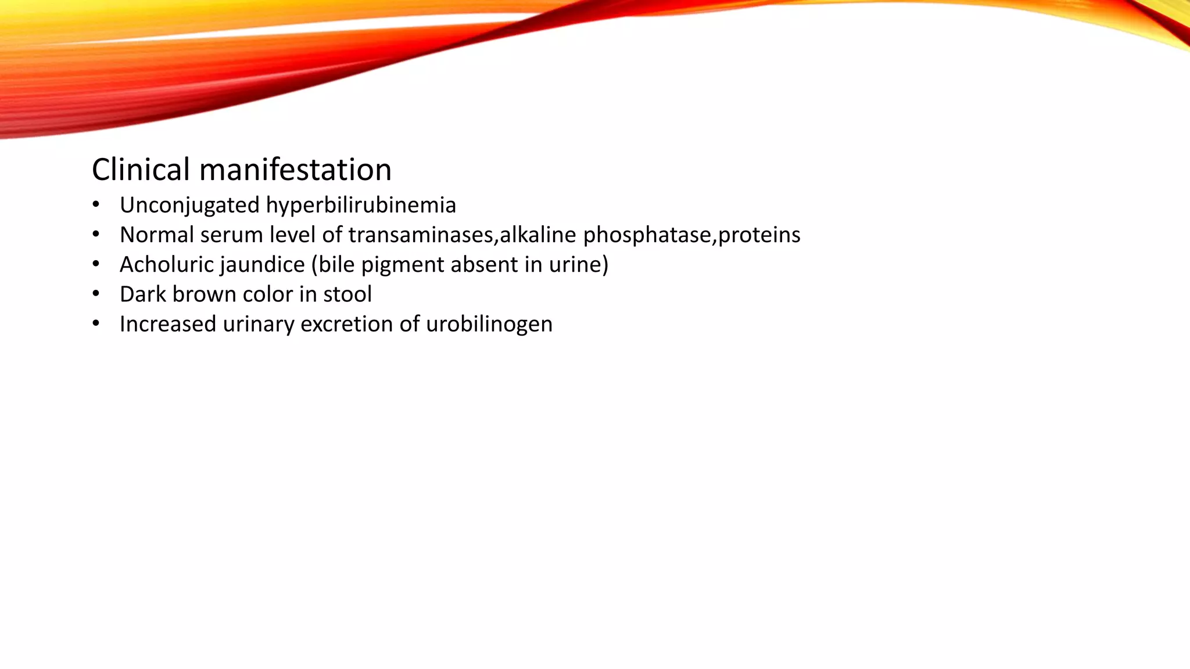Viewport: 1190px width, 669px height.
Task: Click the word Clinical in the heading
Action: click(x=141, y=170)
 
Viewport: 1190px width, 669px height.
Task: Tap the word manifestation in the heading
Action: click(x=295, y=170)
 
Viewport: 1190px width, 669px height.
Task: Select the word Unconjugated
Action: click(x=189, y=205)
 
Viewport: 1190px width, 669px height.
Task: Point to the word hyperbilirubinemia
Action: click(x=361, y=205)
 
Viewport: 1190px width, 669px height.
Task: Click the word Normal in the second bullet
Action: click(x=156, y=235)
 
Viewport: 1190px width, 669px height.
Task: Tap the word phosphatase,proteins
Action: click(x=691, y=235)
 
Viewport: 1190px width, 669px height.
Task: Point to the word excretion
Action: click(x=346, y=324)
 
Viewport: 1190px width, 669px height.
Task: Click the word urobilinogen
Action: click(x=489, y=324)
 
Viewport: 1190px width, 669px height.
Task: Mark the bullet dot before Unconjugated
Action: click(x=96, y=204)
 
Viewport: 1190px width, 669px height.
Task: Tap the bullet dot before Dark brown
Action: click(x=96, y=293)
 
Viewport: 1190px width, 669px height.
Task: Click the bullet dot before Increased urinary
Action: click(x=96, y=323)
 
